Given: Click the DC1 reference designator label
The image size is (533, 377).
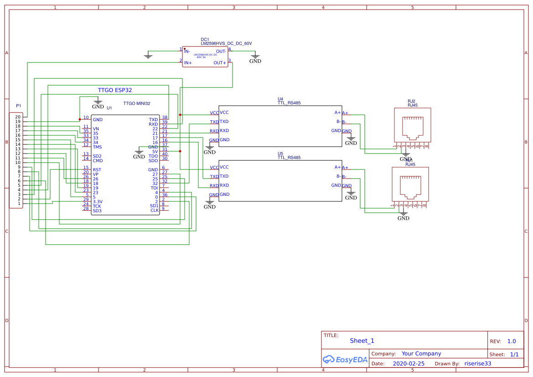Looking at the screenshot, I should tap(205, 40).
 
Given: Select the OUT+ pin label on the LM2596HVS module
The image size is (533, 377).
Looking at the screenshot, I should tap(220, 63).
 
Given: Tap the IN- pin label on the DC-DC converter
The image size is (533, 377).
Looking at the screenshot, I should tap(187, 51).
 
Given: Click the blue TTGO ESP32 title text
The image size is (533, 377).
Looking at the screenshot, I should tap(115, 90).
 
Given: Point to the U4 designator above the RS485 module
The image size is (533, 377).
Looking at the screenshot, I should tap(280, 99).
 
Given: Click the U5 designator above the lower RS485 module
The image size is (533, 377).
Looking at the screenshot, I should tap(280, 154).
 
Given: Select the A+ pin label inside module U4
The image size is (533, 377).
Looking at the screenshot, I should tap(337, 112).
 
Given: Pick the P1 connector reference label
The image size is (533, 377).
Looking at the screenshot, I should tap(19, 106).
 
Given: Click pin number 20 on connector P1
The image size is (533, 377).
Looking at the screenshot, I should tap(17, 117).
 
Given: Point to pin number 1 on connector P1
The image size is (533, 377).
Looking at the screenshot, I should tap(19, 204).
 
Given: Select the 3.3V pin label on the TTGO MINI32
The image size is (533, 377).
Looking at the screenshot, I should tap(98, 202).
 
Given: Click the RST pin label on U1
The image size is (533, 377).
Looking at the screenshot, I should tap(97, 170).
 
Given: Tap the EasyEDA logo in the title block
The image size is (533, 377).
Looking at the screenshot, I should tap(345, 360).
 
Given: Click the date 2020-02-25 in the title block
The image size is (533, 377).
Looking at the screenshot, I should tap(408, 364).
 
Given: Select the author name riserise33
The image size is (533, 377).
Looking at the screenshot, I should tap(477, 364).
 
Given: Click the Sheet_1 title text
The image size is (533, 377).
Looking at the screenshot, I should tap(362, 341).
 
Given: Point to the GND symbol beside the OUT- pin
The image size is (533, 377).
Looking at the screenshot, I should tap(255, 58).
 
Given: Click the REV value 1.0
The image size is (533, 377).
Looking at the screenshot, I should tap(511, 341).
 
